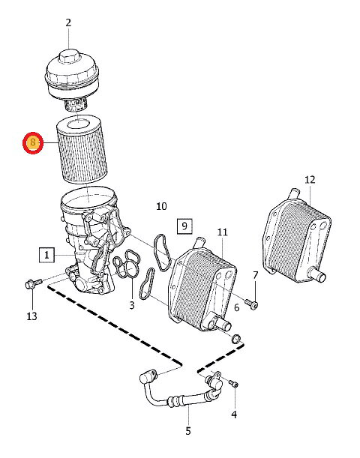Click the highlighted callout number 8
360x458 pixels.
pyautogui.click(x=33, y=142)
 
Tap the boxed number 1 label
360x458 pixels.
pyautogui.click(x=46, y=255)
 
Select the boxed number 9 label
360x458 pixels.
pyautogui.click(x=184, y=226)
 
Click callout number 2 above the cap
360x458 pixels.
pyautogui.click(x=68, y=22)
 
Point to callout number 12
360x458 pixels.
pyautogui.click(x=310, y=179)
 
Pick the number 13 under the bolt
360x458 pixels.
pyautogui.click(x=31, y=316)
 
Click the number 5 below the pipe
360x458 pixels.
pyautogui.click(x=188, y=430)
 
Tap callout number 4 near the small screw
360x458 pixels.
pyautogui.click(x=234, y=415)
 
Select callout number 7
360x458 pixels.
pyautogui.click(x=256, y=275)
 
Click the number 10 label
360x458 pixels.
pyautogui.click(x=161, y=206)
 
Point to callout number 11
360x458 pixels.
pyautogui.click(x=222, y=232)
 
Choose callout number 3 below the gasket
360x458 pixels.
pyautogui.click(x=132, y=305)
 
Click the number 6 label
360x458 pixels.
pyautogui.click(x=237, y=307)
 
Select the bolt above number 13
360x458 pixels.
pyautogui.click(x=34, y=283)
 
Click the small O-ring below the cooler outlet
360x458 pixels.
pyautogui.click(x=236, y=340)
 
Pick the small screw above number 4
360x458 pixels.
pyautogui.click(x=233, y=383)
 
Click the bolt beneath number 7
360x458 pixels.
pyautogui.click(x=251, y=304)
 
